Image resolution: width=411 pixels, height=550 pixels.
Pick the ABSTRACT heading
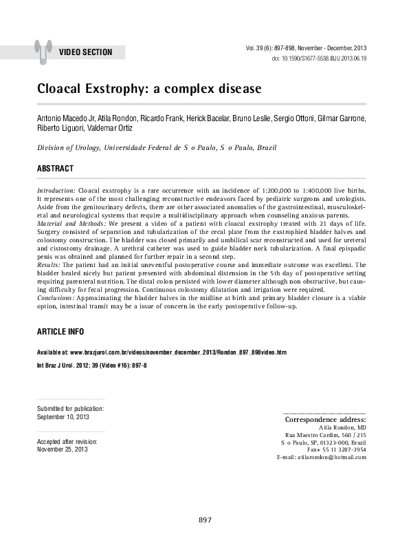coord(55,169)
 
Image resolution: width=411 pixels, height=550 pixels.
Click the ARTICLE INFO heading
coord(60,332)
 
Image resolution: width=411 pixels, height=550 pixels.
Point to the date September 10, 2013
coord(63,417)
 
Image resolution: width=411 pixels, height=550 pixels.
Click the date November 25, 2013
coord(63,449)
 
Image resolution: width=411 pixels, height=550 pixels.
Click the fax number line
coord(337,449)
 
